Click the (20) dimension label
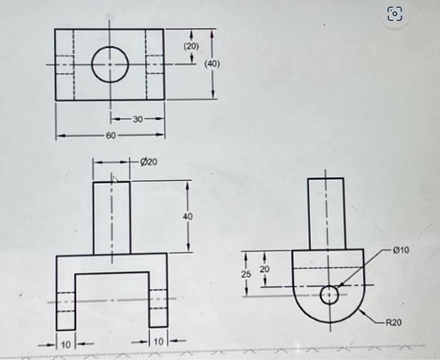point(190,46)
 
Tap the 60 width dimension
point(110,134)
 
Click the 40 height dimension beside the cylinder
point(188,216)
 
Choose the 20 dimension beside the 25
point(265,269)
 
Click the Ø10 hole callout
point(400,250)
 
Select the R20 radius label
point(393,322)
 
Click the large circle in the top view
point(110,64)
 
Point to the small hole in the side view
point(329,294)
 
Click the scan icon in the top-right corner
point(395,14)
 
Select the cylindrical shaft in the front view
point(111,217)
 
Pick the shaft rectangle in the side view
point(327,214)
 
